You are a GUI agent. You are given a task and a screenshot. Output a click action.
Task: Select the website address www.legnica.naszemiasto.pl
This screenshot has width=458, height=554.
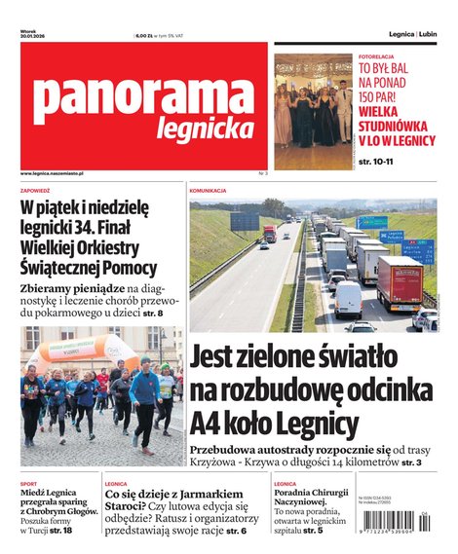pyautogui.click(x=52, y=172)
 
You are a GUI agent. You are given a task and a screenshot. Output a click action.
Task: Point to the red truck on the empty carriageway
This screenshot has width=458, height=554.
pyautogui.click(x=269, y=234)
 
